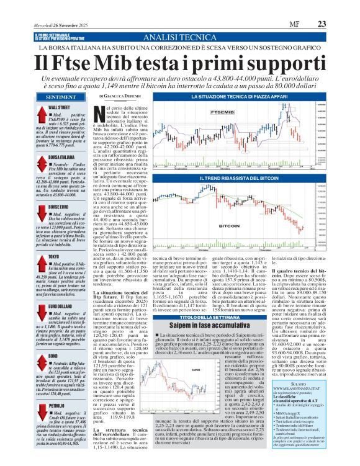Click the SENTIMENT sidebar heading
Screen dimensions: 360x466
(x=61, y=97)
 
